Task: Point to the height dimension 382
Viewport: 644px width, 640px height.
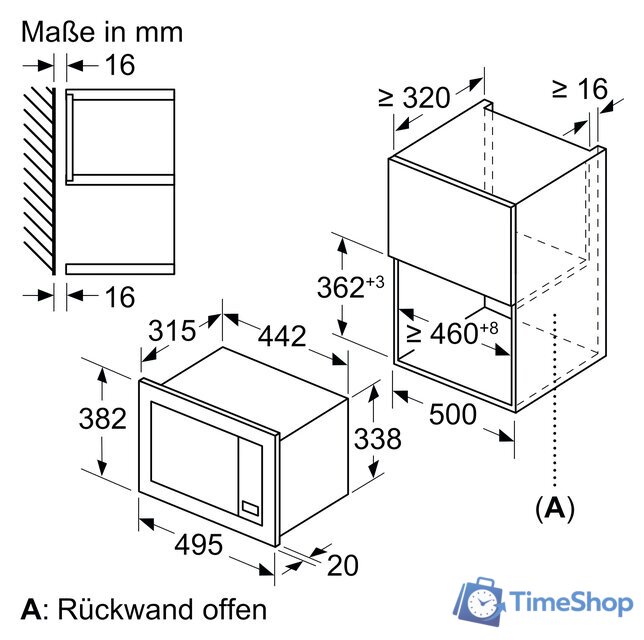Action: (x=102, y=420)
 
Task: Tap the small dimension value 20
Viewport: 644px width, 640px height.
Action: (x=341, y=566)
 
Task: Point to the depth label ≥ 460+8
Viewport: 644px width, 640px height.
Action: (x=450, y=333)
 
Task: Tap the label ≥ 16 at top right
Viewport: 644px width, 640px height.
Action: (x=579, y=89)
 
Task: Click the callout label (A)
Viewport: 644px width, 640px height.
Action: (x=554, y=509)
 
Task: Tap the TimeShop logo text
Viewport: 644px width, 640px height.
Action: (x=569, y=602)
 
